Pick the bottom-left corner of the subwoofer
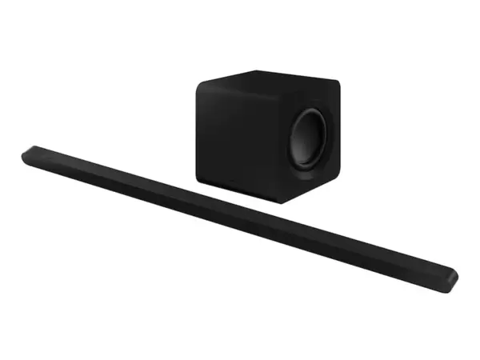[x=198, y=179]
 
